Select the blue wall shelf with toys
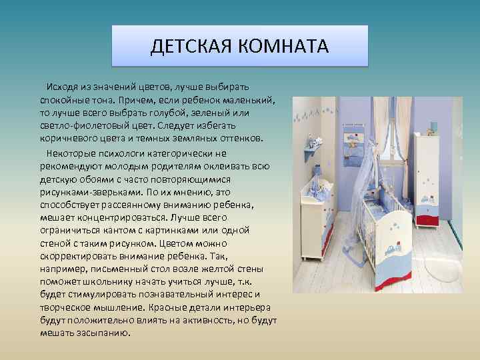click(311, 151)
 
